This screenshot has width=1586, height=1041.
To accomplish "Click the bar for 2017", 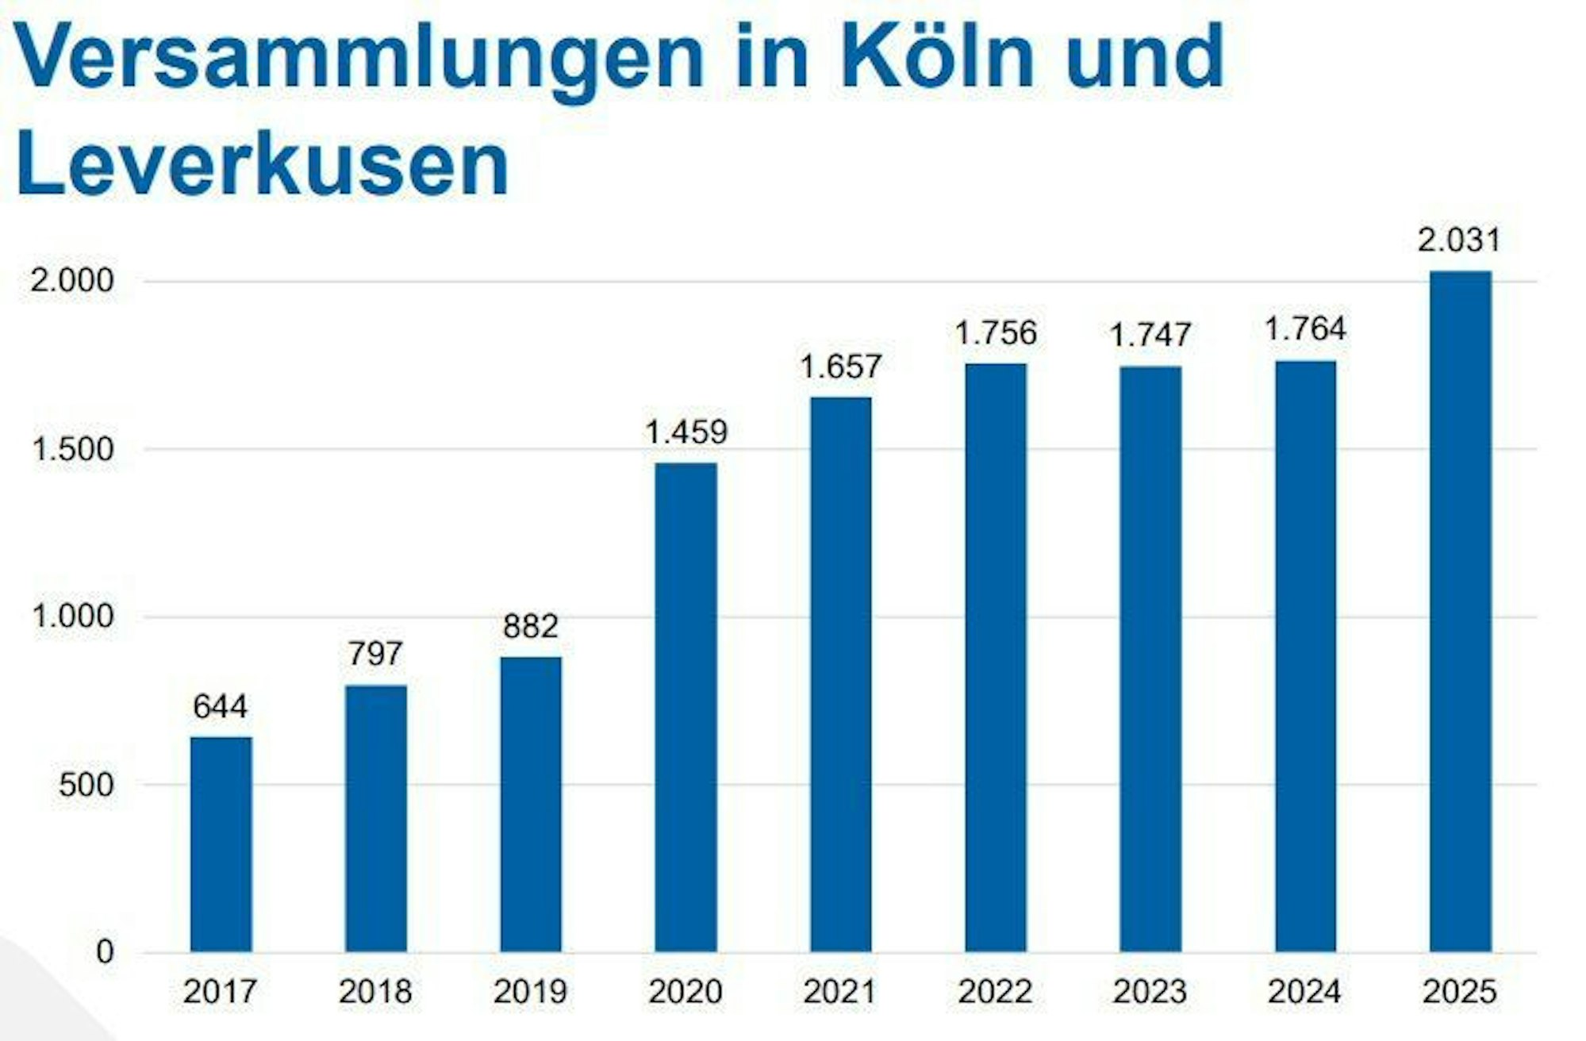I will point(221,844).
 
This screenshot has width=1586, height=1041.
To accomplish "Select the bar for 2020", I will point(685,707).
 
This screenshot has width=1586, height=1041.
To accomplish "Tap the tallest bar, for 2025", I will point(1460,611).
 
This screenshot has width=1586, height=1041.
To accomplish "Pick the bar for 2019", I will point(531,804).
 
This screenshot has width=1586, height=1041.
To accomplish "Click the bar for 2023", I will point(1150,659).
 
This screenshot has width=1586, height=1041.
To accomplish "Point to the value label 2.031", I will point(1460,240).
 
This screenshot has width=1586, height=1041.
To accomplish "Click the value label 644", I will point(221,706).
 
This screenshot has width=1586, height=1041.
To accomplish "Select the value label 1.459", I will point(685,432).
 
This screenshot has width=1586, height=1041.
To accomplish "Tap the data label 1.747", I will point(1150,336).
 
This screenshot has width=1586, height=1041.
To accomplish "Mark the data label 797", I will point(375,654).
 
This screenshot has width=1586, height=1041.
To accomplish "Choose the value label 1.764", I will point(1305,329).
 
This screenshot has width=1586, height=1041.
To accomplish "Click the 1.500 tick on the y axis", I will point(71,449).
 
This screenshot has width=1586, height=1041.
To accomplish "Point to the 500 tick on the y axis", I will point(86,785).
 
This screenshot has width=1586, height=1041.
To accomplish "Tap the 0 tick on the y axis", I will point(105,952).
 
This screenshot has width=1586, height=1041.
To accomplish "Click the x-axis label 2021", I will point(839,992).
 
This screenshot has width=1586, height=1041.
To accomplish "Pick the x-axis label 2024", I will point(1305,992).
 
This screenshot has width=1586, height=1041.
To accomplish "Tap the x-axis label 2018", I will point(375,992).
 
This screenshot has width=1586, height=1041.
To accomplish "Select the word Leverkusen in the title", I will point(262,165).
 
